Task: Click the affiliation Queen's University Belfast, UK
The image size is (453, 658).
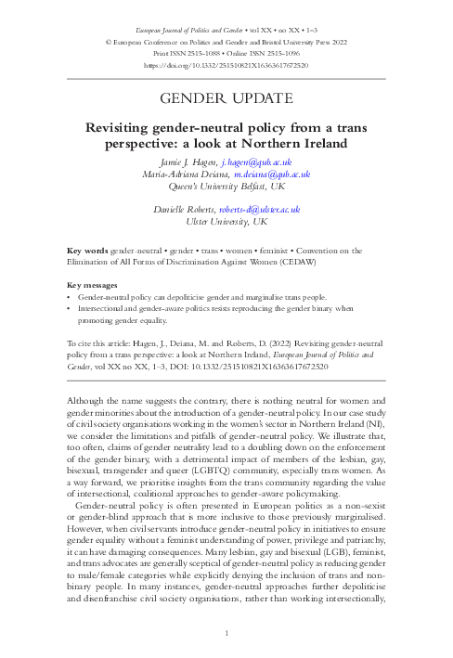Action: (x=226, y=186)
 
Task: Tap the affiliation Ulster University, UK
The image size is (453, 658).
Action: (x=226, y=223)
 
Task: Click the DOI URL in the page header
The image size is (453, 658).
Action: (x=226, y=67)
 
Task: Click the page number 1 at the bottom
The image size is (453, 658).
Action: (x=226, y=633)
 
